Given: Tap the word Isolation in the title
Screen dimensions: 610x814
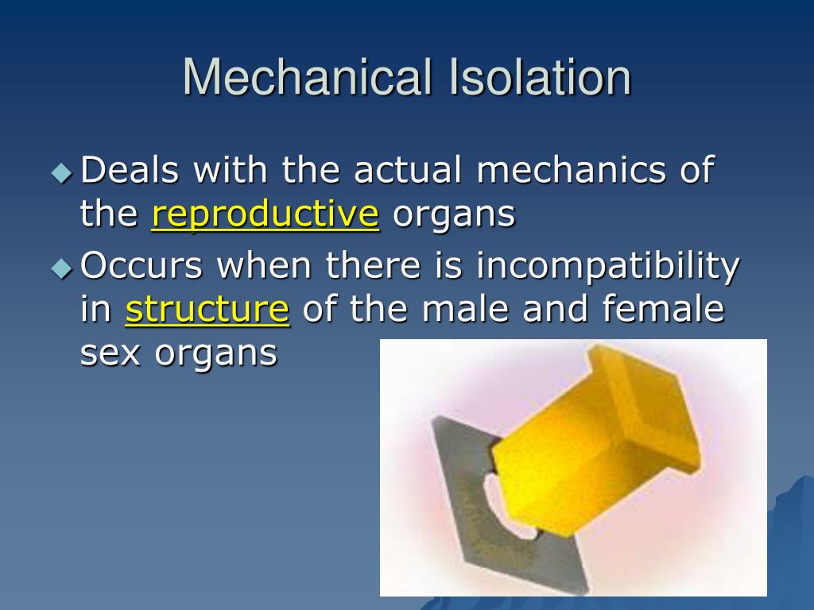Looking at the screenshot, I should click(x=541, y=78).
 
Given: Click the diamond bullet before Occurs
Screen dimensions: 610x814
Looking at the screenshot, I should click(x=61, y=268).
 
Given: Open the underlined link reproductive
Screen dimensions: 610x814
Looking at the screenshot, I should click(x=265, y=215).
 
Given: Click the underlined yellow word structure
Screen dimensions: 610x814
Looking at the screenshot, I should click(x=207, y=311).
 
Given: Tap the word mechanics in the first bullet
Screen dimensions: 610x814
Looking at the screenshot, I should click(x=565, y=171).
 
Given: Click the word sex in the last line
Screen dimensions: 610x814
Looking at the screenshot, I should click(x=110, y=353).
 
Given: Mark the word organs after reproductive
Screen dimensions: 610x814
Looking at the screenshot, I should click(x=454, y=215).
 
